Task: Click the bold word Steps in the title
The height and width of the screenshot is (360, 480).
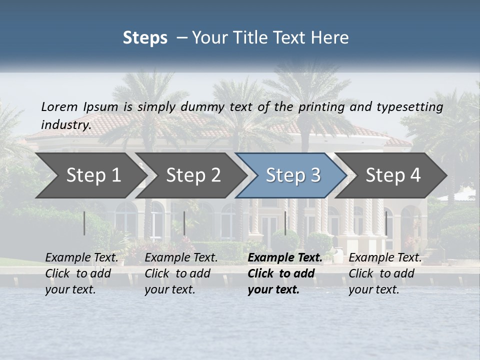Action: pyautogui.click(x=145, y=38)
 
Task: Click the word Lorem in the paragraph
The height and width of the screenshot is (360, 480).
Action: pyautogui.click(x=59, y=106)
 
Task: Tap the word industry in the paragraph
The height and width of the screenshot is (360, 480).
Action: pyautogui.click(x=65, y=124)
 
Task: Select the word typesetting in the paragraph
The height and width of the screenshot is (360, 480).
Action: pyautogui.click(x=409, y=107)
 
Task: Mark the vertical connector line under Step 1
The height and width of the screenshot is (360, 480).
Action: pyautogui.click(x=84, y=223)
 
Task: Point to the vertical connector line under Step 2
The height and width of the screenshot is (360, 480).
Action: pyautogui.click(x=184, y=223)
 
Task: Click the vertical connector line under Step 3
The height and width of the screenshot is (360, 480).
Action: pyautogui.click(x=285, y=223)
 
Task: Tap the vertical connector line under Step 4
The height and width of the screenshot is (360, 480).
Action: pyautogui.click(x=386, y=223)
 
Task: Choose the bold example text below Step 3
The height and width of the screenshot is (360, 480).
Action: pyautogui.click(x=284, y=273)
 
